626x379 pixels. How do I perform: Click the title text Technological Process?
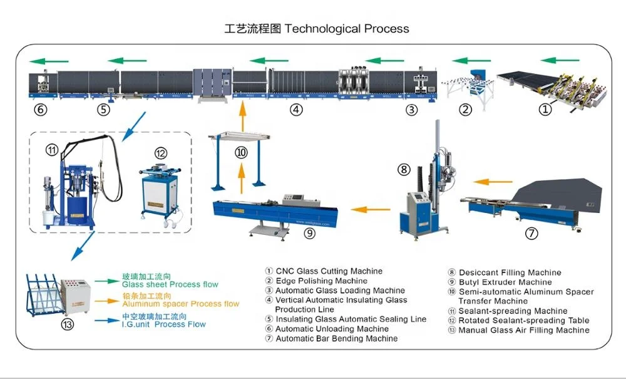[347, 29]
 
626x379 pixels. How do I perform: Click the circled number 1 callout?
[546, 109]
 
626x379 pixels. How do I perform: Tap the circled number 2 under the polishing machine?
[465, 110]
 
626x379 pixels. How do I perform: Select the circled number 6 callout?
[41, 110]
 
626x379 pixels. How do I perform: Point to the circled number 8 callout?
[404, 169]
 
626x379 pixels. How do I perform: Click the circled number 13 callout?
[68, 324]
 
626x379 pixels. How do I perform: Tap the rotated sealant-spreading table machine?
[158, 191]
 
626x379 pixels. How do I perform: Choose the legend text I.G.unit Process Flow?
[163, 324]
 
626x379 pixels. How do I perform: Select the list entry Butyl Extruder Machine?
[505, 282]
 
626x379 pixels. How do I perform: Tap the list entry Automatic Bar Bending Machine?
[336, 338]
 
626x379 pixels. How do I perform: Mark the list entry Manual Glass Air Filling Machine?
[523, 330]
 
